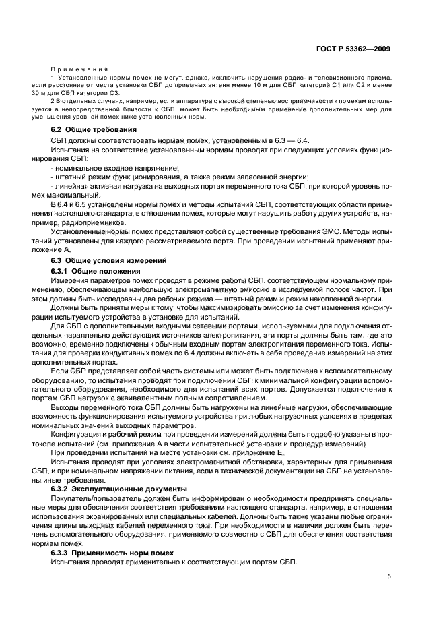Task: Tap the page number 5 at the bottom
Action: pos(388,576)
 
